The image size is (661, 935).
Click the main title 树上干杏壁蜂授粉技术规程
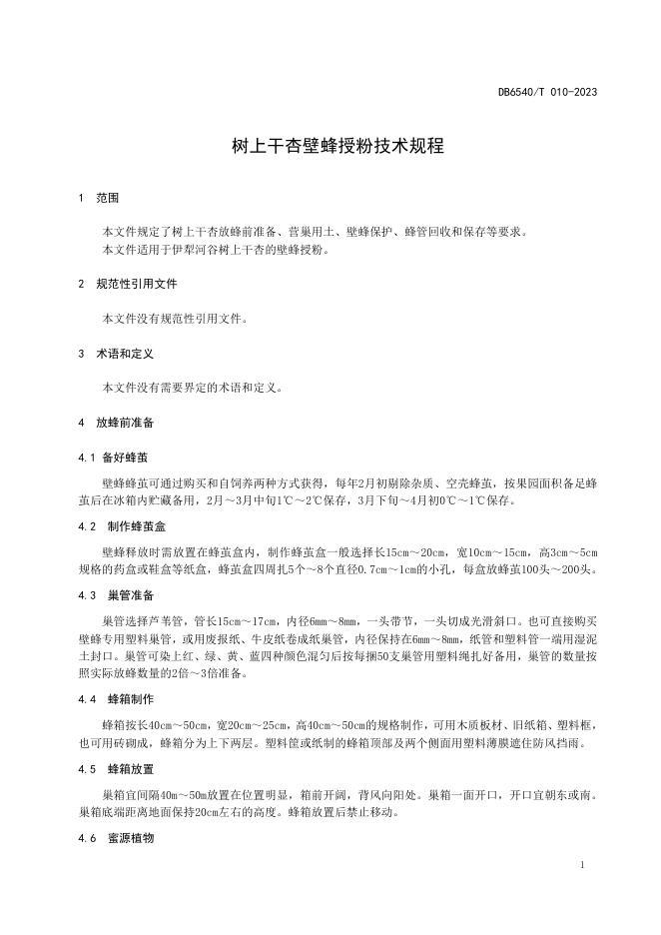[330, 146]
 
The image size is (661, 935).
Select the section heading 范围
[107, 198]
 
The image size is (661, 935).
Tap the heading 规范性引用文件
[137, 284]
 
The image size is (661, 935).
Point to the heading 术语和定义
[125, 354]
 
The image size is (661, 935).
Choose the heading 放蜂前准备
[125, 423]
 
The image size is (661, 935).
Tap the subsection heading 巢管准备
[130, 595]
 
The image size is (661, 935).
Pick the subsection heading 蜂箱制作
[130, 696]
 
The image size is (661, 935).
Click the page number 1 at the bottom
[581, 862]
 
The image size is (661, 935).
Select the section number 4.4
[86, 696]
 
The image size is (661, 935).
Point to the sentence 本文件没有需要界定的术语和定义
[193, 388]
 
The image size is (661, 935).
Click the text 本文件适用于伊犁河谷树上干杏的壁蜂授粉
[215, 250]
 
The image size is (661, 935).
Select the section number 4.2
[86, 525]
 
